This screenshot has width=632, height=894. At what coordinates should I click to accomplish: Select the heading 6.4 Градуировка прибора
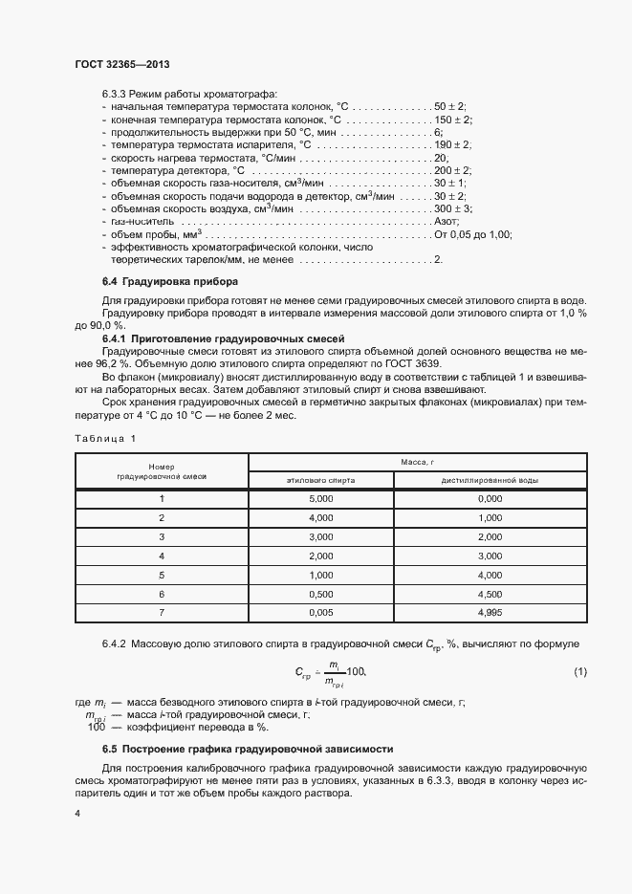point(170,282)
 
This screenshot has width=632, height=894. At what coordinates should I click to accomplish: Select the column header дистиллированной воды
point(489,479)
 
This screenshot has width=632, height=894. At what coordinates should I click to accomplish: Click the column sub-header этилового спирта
point(320,479)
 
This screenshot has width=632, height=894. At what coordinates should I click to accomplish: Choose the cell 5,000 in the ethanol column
point(320,498)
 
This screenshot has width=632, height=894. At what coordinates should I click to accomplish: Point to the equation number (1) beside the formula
point(580,673)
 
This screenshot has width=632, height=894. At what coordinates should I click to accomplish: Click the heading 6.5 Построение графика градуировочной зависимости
point(247,748)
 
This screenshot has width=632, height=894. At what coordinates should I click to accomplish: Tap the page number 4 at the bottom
point(77,813)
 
